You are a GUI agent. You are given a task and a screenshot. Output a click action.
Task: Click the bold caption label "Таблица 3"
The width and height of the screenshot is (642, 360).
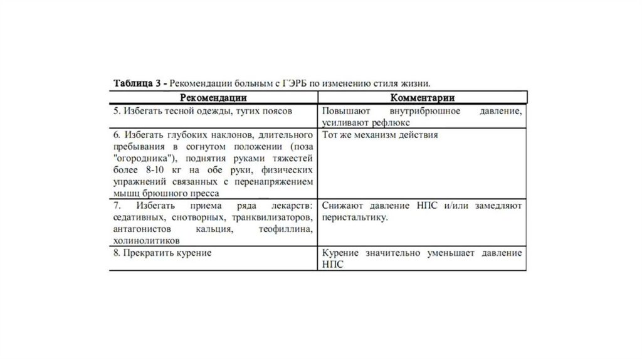pyautogui.click(x=139, y=83)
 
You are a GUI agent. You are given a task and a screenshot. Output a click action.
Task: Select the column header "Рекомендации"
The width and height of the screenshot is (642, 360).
pyautogui.click(x=213, y=97)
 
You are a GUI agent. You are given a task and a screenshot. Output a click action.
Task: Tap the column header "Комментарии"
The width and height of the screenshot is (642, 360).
pyautogui.click(x=423, y=97)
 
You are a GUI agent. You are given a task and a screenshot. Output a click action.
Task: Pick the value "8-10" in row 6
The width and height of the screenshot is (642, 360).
pyautogui.click(x=158, y=170)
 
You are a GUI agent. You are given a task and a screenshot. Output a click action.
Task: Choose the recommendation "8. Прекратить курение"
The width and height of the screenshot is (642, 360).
pyautogui.click(x=162, y=253)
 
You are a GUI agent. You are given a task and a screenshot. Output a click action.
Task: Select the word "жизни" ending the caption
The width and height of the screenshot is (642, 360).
pyautogui.click(x=416, y=83)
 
